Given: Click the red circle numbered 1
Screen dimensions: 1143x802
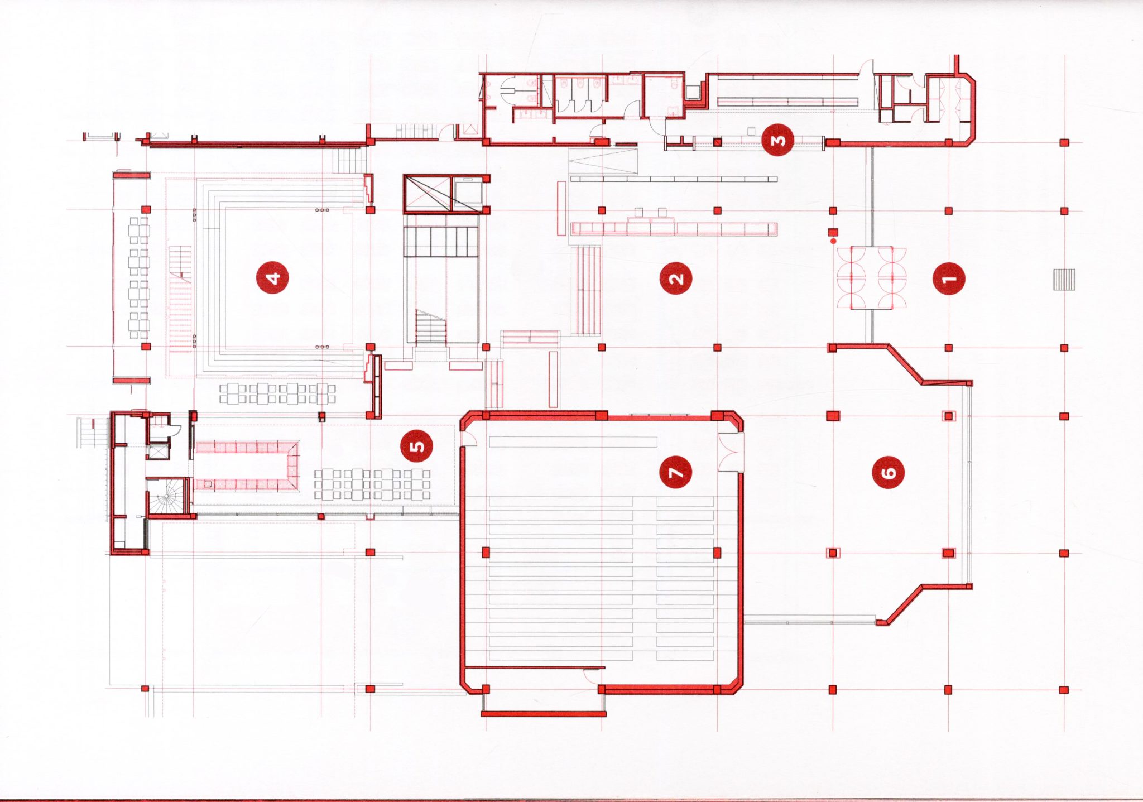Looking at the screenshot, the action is (x=949, y=278).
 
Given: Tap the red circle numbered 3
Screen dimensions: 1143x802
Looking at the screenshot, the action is (x=778, y=140).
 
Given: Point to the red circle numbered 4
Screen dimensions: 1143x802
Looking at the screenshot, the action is (x=272, y=277).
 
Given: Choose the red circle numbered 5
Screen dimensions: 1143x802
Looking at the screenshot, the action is (x=416, y=446).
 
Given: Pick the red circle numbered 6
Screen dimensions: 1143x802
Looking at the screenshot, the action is (x=888, y=472).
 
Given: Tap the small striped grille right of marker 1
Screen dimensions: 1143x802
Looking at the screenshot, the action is (x=1064, y=279).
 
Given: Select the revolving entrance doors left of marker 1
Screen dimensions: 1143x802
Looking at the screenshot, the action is (x=871, y=278).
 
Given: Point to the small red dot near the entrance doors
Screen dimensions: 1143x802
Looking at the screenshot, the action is (x=834, y=241).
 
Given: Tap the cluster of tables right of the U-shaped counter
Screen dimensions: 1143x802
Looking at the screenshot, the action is (x=372, y=484).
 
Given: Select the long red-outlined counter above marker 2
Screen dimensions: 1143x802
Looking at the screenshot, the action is (x=674, y=229).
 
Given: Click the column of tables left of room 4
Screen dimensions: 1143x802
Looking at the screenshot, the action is (x=139, y=278).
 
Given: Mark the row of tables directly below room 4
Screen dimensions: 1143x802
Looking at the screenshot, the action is (x=277, y=393).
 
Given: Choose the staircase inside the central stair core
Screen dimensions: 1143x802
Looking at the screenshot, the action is (x=431, y=327).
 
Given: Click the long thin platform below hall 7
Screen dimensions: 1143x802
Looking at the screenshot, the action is (x=544, y=713).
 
